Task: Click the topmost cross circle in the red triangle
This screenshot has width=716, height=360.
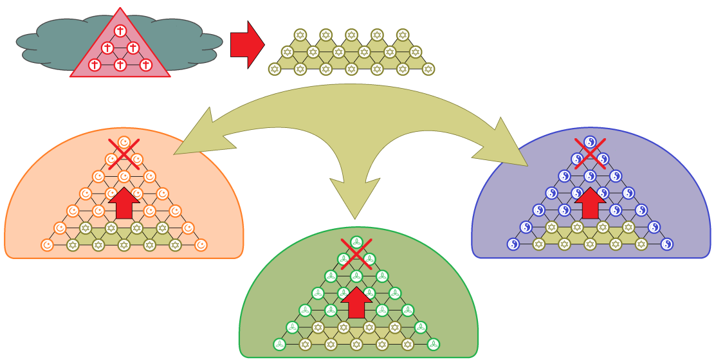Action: [120, 31]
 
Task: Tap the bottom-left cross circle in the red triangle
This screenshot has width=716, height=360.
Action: [95, 65]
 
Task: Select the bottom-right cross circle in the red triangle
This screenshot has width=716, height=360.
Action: [146, 65]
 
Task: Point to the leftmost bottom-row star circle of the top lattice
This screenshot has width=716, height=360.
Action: [275, 69]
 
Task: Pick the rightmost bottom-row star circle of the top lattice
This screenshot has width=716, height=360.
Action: [428, 69]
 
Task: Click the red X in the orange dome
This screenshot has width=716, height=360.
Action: [124, 154]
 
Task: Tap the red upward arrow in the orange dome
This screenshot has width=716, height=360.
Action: [124, 204]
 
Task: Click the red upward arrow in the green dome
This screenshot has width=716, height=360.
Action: [356, 302]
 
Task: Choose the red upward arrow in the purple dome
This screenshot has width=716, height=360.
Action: [590, 204]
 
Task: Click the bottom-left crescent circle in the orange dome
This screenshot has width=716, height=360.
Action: [47, 245]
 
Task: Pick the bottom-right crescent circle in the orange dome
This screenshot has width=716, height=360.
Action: [201, 245]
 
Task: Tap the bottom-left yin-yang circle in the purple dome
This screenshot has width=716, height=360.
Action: [513, 244]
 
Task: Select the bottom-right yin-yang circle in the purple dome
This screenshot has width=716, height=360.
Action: [667, 244]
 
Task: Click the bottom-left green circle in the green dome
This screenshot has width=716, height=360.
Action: [279, 345]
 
